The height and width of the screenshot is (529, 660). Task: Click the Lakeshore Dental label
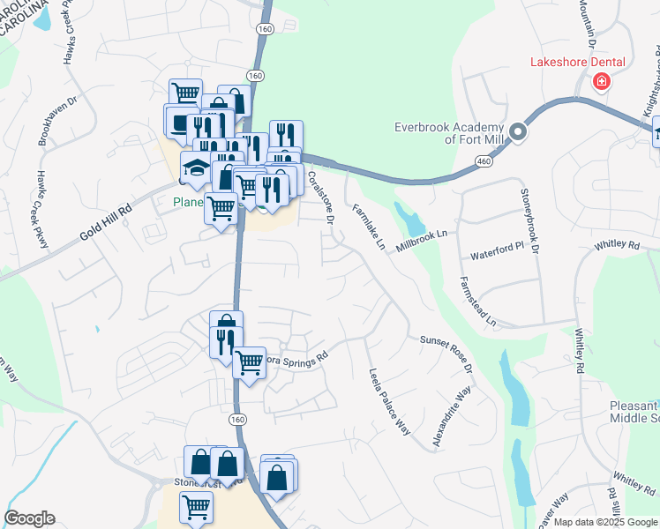click(x=577, y=62)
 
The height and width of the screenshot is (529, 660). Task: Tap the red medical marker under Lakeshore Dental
click(x=602, y=82)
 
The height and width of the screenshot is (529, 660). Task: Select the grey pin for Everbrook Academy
click(x=518, y=133)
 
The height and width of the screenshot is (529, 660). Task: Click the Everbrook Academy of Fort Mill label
click(x=449, y=133)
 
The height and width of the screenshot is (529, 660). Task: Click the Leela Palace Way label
click(x=390, y=401)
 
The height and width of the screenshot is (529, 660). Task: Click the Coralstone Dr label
click(x=319, y=198)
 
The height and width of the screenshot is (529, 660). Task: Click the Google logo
click(x=29, y=518)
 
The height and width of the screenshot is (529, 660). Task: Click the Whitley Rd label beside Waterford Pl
click(x=616, y=244)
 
